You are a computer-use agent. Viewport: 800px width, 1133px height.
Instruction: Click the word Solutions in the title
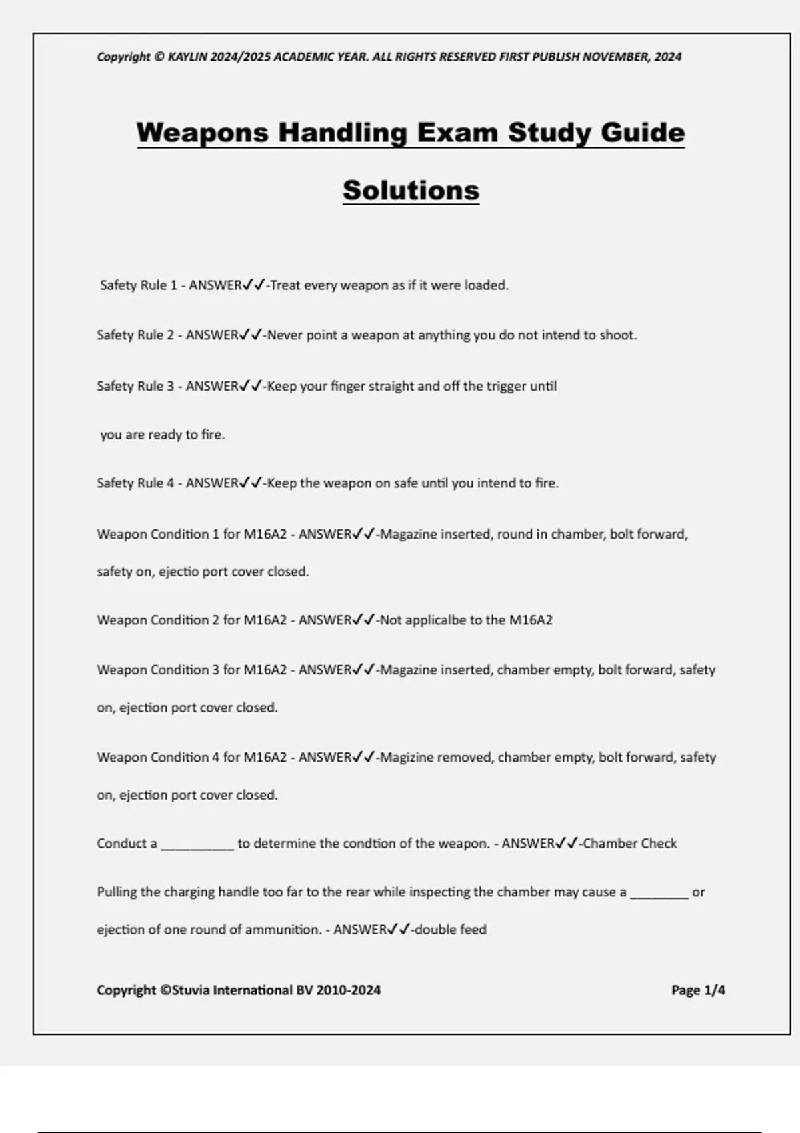411,191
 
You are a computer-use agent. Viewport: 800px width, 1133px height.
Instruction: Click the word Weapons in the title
202,133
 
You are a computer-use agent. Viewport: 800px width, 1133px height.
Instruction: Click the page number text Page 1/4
698,990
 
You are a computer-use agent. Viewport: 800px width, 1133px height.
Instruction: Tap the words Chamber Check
629,844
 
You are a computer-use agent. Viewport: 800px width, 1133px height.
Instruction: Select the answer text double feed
450,930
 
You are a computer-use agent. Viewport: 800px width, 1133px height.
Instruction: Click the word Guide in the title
643,133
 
